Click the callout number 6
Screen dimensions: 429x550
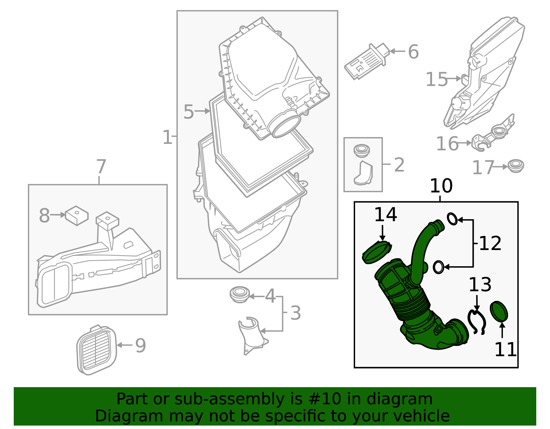413,52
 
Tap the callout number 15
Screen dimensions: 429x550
437,79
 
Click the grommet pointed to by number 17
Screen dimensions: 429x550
515,166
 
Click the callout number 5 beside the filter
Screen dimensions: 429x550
188,112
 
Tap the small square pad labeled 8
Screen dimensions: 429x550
77,215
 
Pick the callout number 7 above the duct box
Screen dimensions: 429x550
101,167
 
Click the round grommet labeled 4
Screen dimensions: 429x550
239,294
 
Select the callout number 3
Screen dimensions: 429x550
295,313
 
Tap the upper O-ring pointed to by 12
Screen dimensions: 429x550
452,218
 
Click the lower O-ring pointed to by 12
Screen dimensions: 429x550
438,267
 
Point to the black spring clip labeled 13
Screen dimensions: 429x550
476,321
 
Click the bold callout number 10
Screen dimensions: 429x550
441,186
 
